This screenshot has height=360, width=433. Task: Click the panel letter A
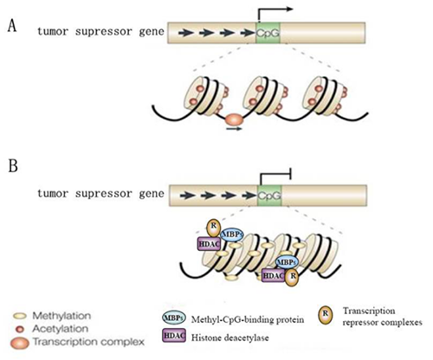(12, 26)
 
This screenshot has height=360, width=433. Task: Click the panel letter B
(13, 165)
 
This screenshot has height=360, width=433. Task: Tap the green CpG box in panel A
(268, 33)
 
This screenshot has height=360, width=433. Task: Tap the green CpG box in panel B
(269, 196)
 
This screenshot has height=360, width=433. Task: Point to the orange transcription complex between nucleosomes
(234, 119)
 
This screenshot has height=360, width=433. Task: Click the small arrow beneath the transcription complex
(234, 129)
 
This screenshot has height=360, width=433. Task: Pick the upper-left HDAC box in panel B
(209, 244)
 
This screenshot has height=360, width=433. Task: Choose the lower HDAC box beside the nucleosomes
(274, 275)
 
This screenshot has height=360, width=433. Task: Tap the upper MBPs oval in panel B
(232, 235)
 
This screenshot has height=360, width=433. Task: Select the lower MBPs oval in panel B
(287, 262)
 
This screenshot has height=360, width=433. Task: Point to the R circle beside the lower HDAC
(292, 277)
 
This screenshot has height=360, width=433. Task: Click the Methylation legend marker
(20, 317)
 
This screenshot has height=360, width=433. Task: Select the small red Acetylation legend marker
(20, 329)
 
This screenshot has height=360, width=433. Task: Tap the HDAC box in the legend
(174, 336)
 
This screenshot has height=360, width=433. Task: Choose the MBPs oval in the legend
(174, 318)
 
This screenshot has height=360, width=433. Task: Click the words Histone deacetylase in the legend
(230, 337)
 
